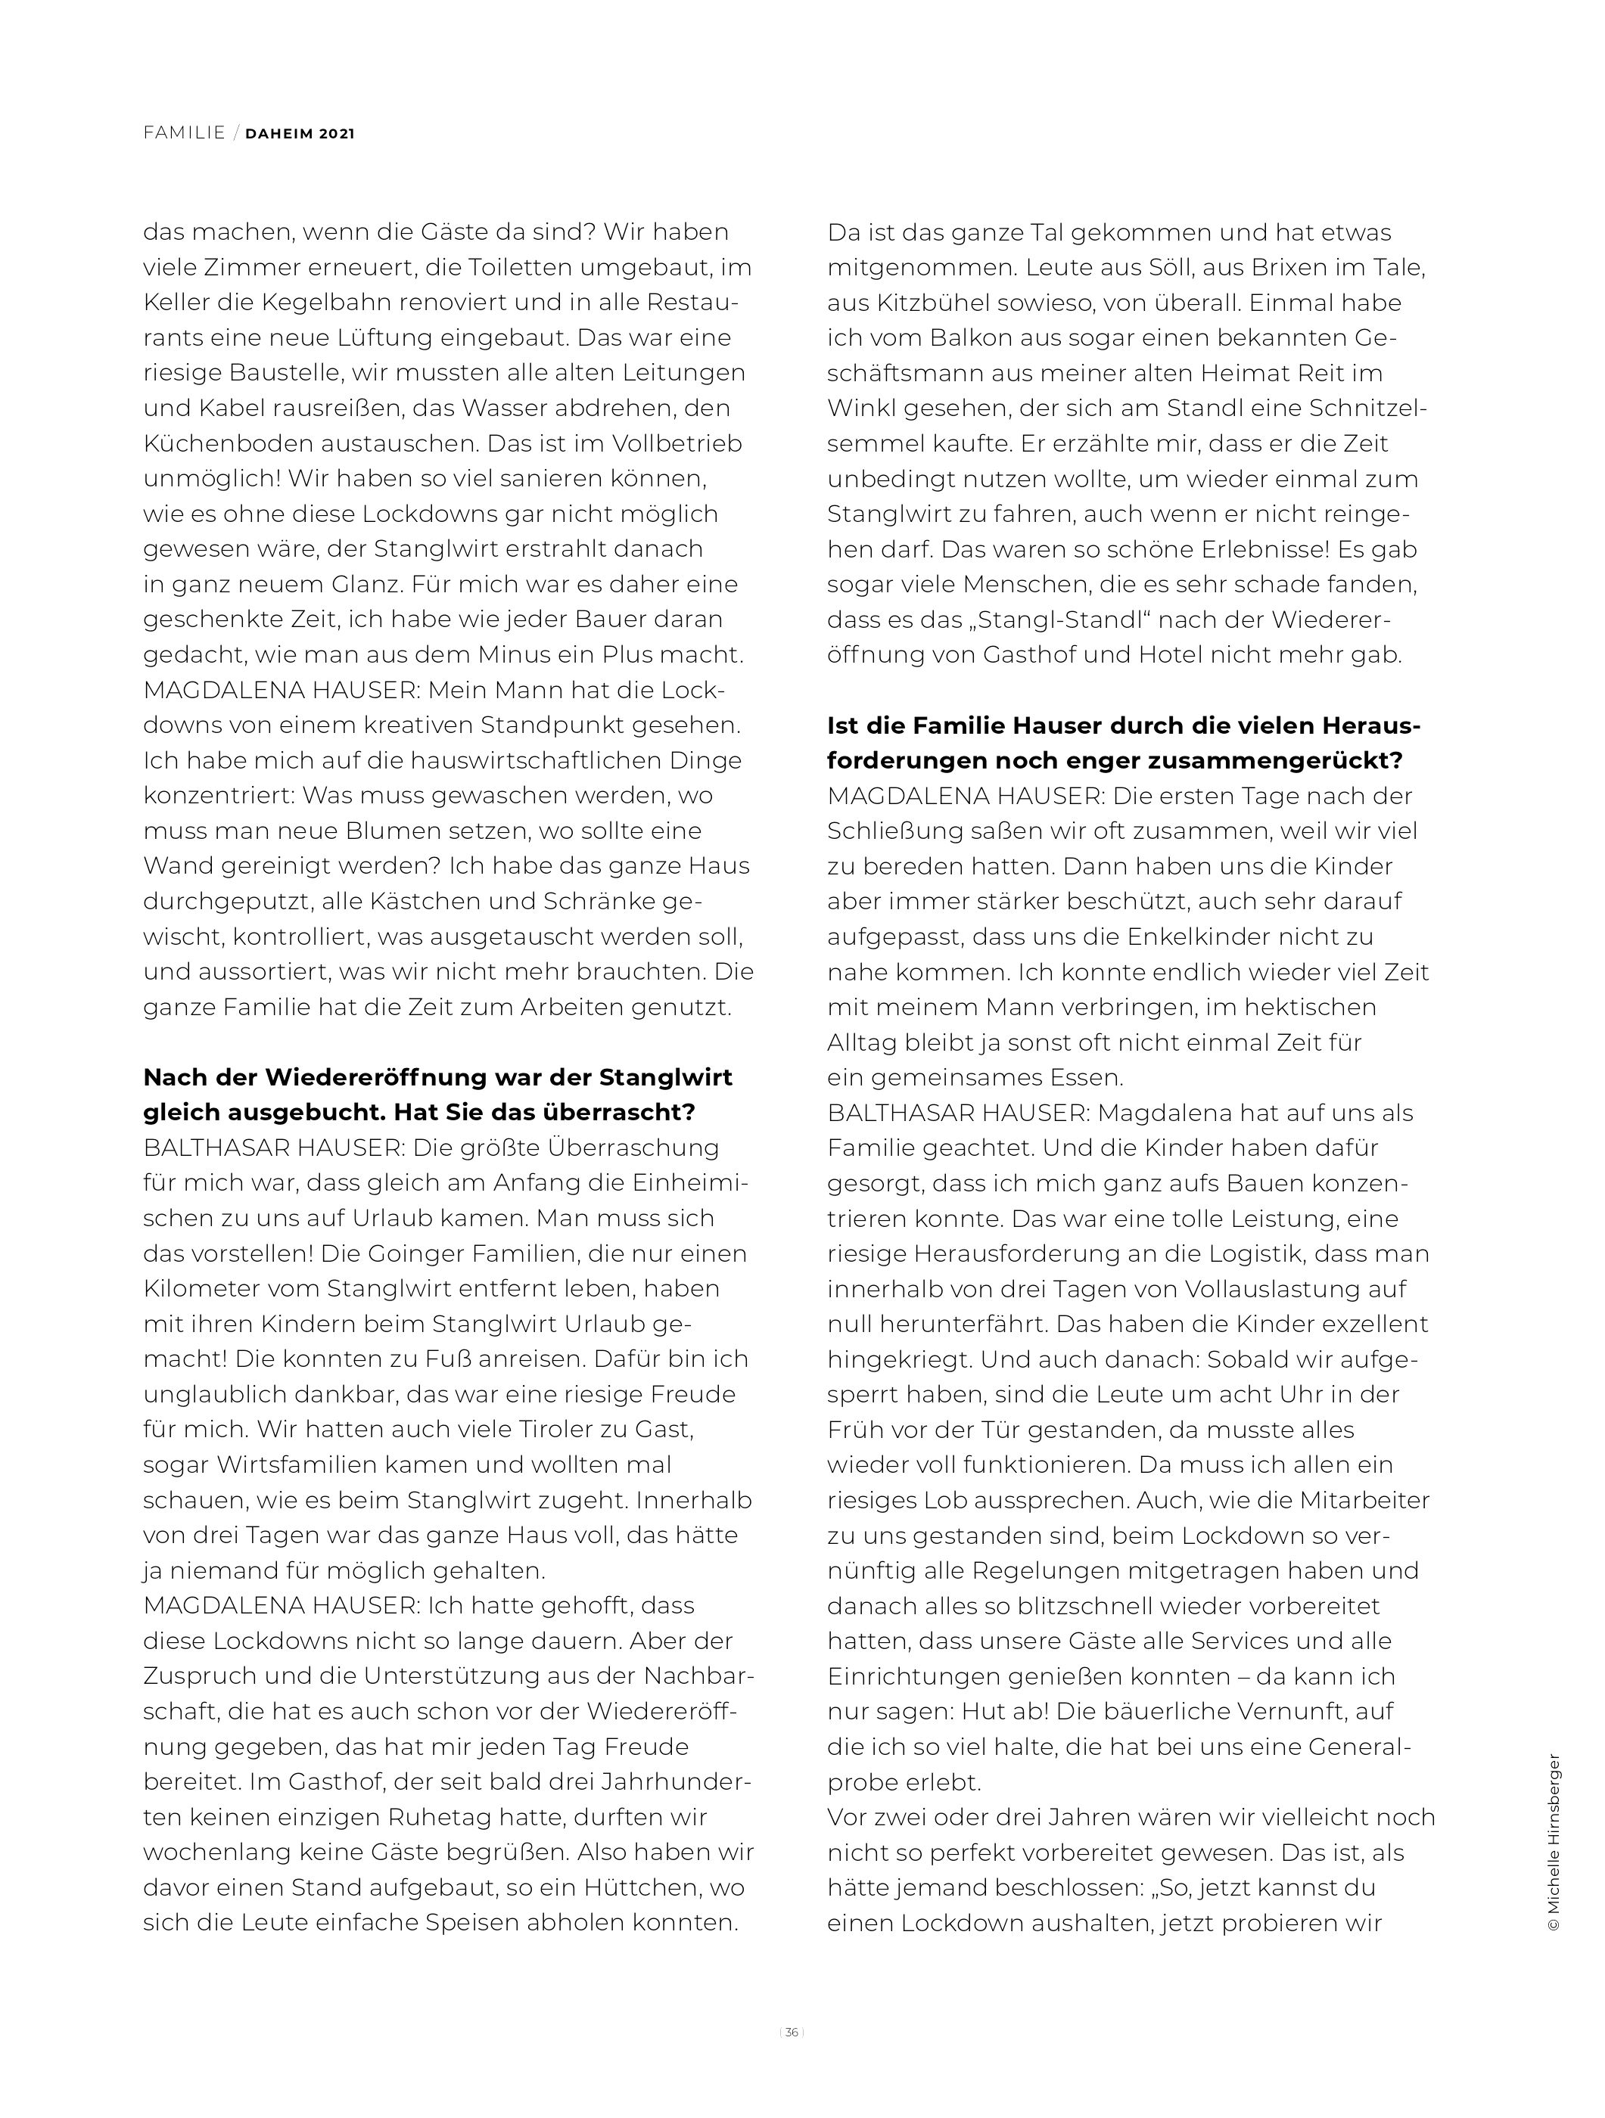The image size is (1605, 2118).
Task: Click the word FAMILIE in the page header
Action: click(x=184, y=133)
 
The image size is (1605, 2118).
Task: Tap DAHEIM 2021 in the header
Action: click(x=300, y=134)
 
